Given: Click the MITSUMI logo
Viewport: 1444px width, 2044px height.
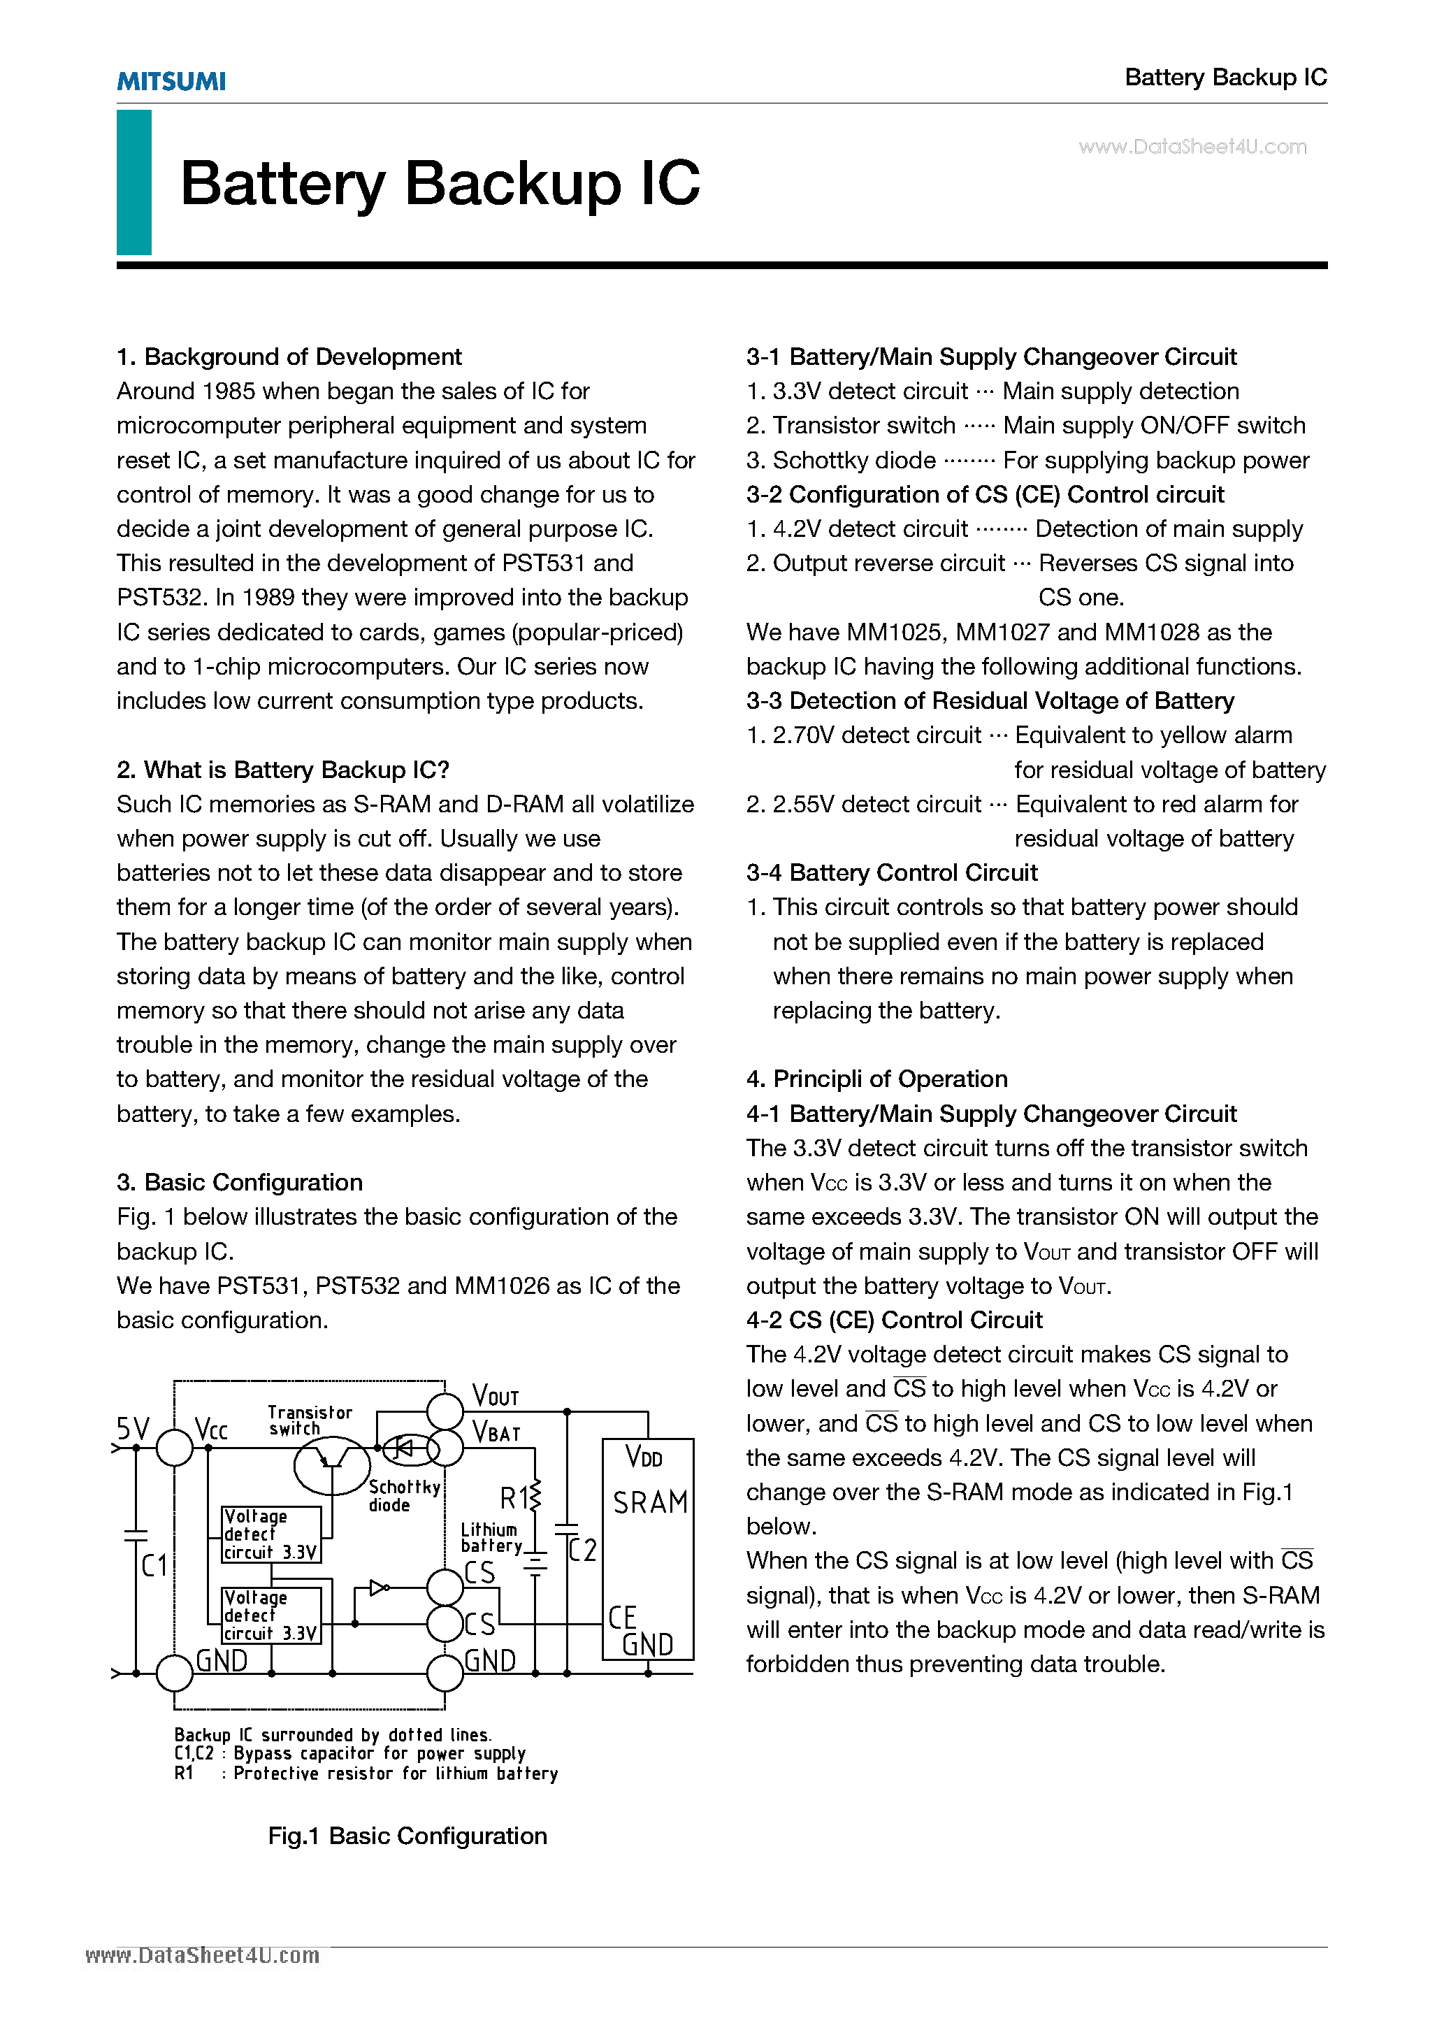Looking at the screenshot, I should point(171,82).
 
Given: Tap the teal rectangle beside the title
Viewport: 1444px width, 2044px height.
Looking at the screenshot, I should point(133,182).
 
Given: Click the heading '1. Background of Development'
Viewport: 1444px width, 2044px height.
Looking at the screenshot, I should point(289,357).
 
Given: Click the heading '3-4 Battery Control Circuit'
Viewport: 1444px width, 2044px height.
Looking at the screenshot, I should point(892,872).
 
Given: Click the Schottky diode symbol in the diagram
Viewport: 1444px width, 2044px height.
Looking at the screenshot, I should point(403,1448).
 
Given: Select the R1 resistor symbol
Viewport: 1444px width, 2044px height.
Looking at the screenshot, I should point(534,1497).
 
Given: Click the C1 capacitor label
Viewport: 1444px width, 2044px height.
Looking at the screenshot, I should point(154,1565).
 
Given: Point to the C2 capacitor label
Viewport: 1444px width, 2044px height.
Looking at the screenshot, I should point(582,1550).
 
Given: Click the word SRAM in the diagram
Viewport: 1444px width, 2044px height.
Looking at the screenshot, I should point(650,1503).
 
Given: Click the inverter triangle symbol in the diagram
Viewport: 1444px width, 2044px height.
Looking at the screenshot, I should point(378,1588).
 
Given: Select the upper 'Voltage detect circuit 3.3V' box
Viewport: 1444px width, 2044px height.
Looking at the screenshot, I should point(270,1534).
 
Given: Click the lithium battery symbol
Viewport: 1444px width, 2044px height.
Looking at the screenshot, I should point(535,1564).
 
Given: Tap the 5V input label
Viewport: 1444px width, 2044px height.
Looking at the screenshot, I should point(133,1430).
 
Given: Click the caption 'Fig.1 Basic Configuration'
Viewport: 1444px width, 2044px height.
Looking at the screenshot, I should point(407,1836).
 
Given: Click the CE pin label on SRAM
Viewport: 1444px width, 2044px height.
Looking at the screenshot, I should point(621,1617).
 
